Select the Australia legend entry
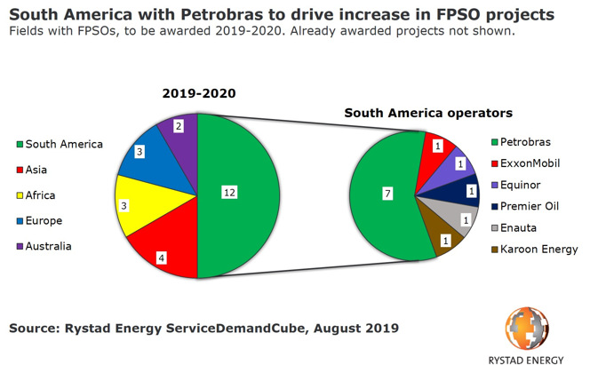point(54,245)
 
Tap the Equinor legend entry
point(522,186)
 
